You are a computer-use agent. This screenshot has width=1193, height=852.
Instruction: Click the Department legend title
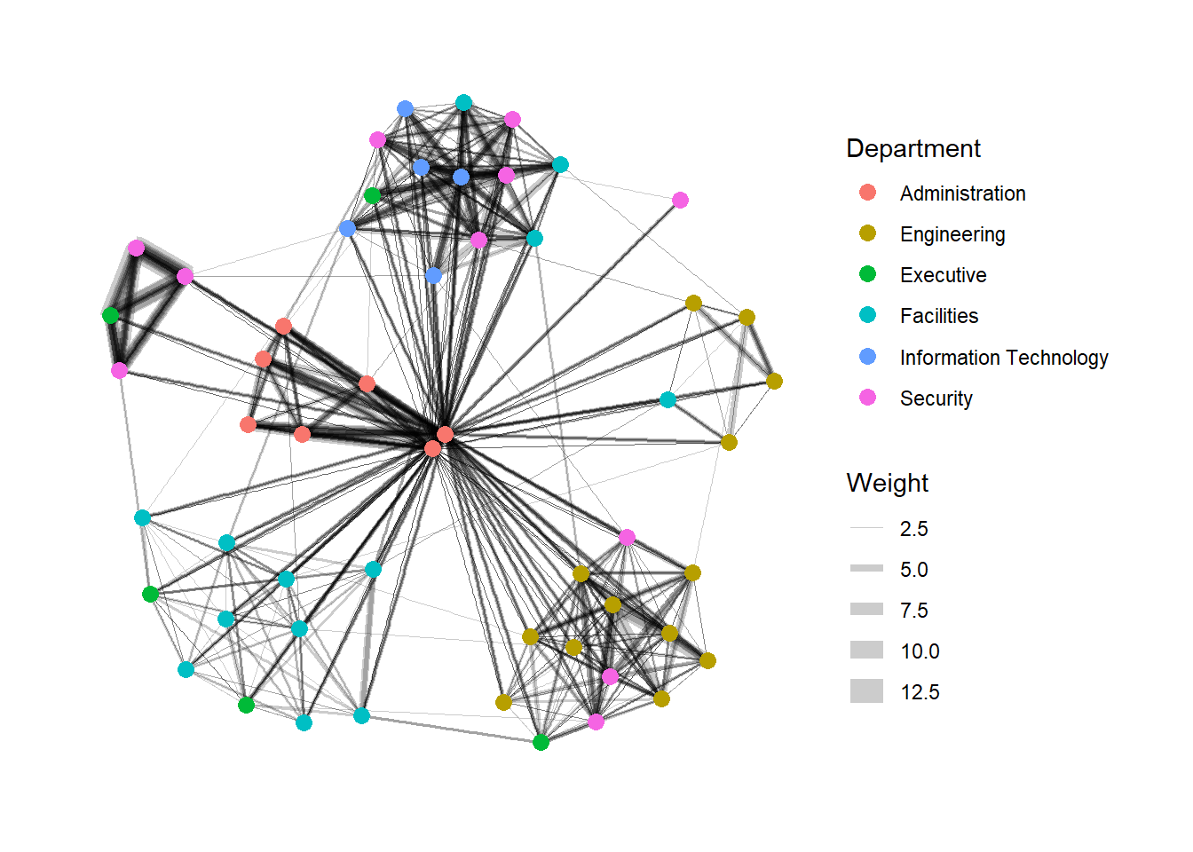pos(913,148)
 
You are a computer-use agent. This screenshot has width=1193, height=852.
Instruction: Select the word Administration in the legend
pos(962,193)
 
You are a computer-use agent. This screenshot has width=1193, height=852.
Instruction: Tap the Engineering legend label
pos(952,234)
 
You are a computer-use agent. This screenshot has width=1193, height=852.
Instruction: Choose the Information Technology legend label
pos(1004,358)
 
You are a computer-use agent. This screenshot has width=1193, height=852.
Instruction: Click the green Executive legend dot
pos(867,274)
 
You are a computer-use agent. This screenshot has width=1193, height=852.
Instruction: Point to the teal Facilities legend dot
pos(867,315)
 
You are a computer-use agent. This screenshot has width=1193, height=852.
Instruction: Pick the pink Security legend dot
pos(867,398)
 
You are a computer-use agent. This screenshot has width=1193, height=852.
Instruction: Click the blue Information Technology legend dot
pos(867,356)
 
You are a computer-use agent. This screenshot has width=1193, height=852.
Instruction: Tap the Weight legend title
pos(887,483)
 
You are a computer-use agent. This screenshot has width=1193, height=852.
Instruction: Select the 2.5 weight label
pos(914,529)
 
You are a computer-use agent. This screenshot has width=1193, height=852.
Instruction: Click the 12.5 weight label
pos(920,692)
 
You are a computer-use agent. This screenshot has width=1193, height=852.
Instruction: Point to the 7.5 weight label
pos(914,611)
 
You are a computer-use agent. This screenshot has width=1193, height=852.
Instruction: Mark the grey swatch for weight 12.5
pos(866,691)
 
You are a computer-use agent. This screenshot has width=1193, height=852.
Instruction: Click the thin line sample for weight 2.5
pos(866,528)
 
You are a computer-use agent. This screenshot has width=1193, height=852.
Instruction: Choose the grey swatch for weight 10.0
pos(866,651)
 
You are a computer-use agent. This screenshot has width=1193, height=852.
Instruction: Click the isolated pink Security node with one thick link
pos(680,201)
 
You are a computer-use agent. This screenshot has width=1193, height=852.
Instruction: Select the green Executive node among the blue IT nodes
pos(372,196)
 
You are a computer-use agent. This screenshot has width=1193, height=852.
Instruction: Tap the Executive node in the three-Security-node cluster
pos(110,315)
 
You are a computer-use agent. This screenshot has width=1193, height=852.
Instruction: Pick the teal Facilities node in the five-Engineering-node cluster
pos(668,399)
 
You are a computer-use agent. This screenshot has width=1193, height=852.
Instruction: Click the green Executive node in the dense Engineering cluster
pos(541,742)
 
